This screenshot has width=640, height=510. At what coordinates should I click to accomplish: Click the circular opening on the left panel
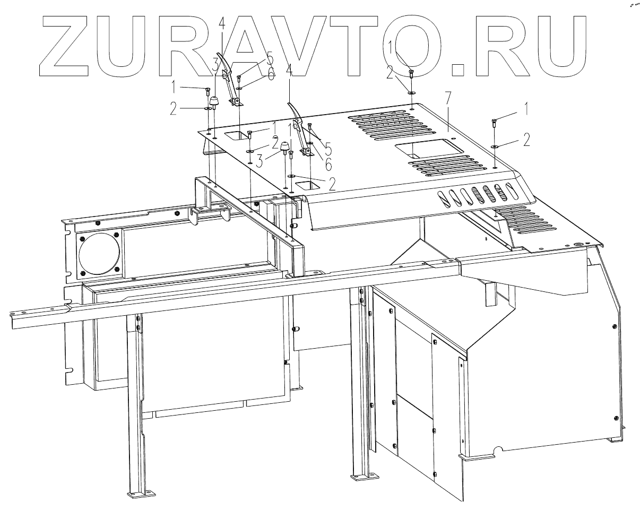99,253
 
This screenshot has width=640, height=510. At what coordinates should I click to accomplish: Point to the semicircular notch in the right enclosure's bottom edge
497,453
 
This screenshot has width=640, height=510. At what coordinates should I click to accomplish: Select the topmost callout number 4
222,23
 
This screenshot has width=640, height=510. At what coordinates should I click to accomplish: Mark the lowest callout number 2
332,184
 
